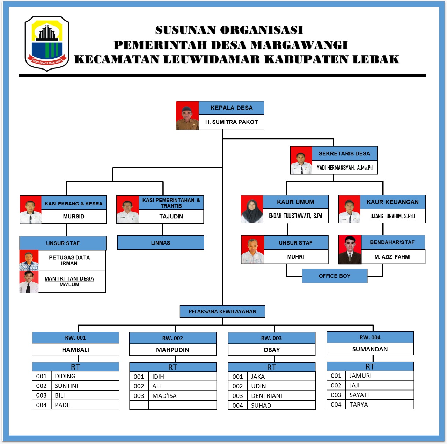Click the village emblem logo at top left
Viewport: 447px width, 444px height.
47,44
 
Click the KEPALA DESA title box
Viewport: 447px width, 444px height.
231,108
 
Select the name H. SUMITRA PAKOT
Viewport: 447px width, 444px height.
231,122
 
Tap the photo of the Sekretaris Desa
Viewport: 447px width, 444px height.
301,160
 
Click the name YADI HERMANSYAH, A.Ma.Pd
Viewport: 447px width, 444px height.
344,168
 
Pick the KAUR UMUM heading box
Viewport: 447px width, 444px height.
295,202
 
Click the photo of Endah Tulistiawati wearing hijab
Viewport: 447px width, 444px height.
252,209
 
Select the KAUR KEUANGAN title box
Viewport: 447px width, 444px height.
393,202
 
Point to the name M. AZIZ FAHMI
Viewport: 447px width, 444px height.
393,257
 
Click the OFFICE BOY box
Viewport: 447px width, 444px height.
334,276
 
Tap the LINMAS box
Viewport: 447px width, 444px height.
161,243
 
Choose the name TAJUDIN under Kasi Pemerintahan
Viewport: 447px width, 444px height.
171,217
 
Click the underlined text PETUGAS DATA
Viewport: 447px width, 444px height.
69,257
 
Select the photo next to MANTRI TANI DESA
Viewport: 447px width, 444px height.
29,282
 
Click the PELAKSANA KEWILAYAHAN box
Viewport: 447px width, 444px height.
222,311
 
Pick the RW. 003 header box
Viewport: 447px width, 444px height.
271,338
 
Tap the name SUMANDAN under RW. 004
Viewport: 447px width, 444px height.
370,349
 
